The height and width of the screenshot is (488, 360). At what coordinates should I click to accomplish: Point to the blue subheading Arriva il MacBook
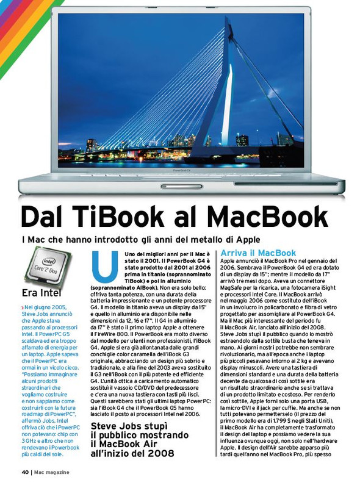[258, 253]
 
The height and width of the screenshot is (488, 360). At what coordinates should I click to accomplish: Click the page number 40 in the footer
[25, 472]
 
